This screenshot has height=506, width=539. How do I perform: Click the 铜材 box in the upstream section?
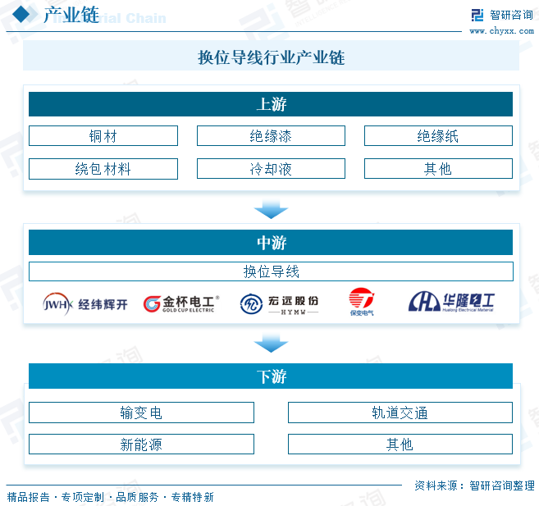tap(103, 136)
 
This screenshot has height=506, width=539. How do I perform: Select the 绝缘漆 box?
tap(271, 136)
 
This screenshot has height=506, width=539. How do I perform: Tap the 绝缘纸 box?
tap(438, 136)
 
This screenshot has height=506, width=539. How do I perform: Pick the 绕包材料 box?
tap(103, 169)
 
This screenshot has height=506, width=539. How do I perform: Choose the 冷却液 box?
tap(271, 169)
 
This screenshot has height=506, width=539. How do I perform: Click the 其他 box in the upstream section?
tap(438, 169)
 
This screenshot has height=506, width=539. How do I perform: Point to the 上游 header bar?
tap(271, 104)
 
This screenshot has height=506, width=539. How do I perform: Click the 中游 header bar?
tap(271, 243)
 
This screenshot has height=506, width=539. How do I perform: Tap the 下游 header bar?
tap(271, 376)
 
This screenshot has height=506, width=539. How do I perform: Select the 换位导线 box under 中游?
tap(271, 271)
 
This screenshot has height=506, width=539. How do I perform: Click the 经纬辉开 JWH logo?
tap(86, 304)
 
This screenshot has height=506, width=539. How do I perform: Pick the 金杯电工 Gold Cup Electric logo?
tap(180, 304)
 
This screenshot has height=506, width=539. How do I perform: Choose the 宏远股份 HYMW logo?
tap(280, 304)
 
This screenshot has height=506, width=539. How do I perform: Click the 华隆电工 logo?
tap(452, 303)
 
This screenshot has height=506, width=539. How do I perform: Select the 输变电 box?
tap(141, 413)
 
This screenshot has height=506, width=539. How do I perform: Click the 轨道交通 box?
tap(400, 413)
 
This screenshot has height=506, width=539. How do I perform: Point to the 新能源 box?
tap(141, 444)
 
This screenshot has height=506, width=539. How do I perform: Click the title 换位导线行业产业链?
tap(271, 57)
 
